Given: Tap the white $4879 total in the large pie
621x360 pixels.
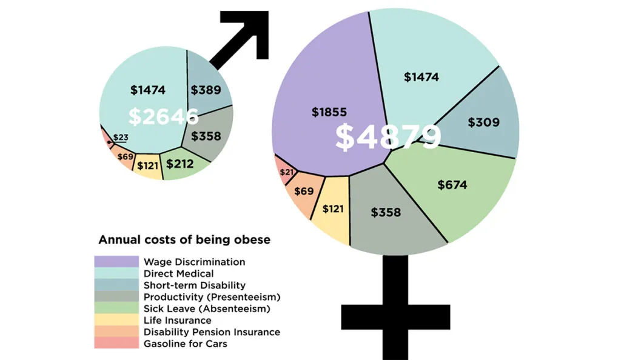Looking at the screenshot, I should click(388, 138).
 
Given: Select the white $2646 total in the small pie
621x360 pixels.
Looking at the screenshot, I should click(164, 116).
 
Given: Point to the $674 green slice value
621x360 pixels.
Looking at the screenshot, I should click(452, 185).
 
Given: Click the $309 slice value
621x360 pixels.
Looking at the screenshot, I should click(483, 122).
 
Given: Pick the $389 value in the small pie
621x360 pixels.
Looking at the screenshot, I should click(206, 90).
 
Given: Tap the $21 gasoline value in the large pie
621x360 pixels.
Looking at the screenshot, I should click(287, 172).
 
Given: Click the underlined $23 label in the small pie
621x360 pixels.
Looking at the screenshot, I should click(121, 138).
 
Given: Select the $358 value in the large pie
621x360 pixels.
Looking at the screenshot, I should click(386, 213).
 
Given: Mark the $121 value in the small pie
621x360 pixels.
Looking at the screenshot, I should click(147, 165).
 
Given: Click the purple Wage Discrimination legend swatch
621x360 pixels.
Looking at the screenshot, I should click(116, 262).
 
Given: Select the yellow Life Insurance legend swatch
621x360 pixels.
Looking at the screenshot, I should click(116, 321).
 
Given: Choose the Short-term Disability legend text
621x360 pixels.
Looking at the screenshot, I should click(194, 285).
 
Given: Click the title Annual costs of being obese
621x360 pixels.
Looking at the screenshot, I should click(184, 239).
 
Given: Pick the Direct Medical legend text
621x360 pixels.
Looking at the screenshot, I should click(178, 274).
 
